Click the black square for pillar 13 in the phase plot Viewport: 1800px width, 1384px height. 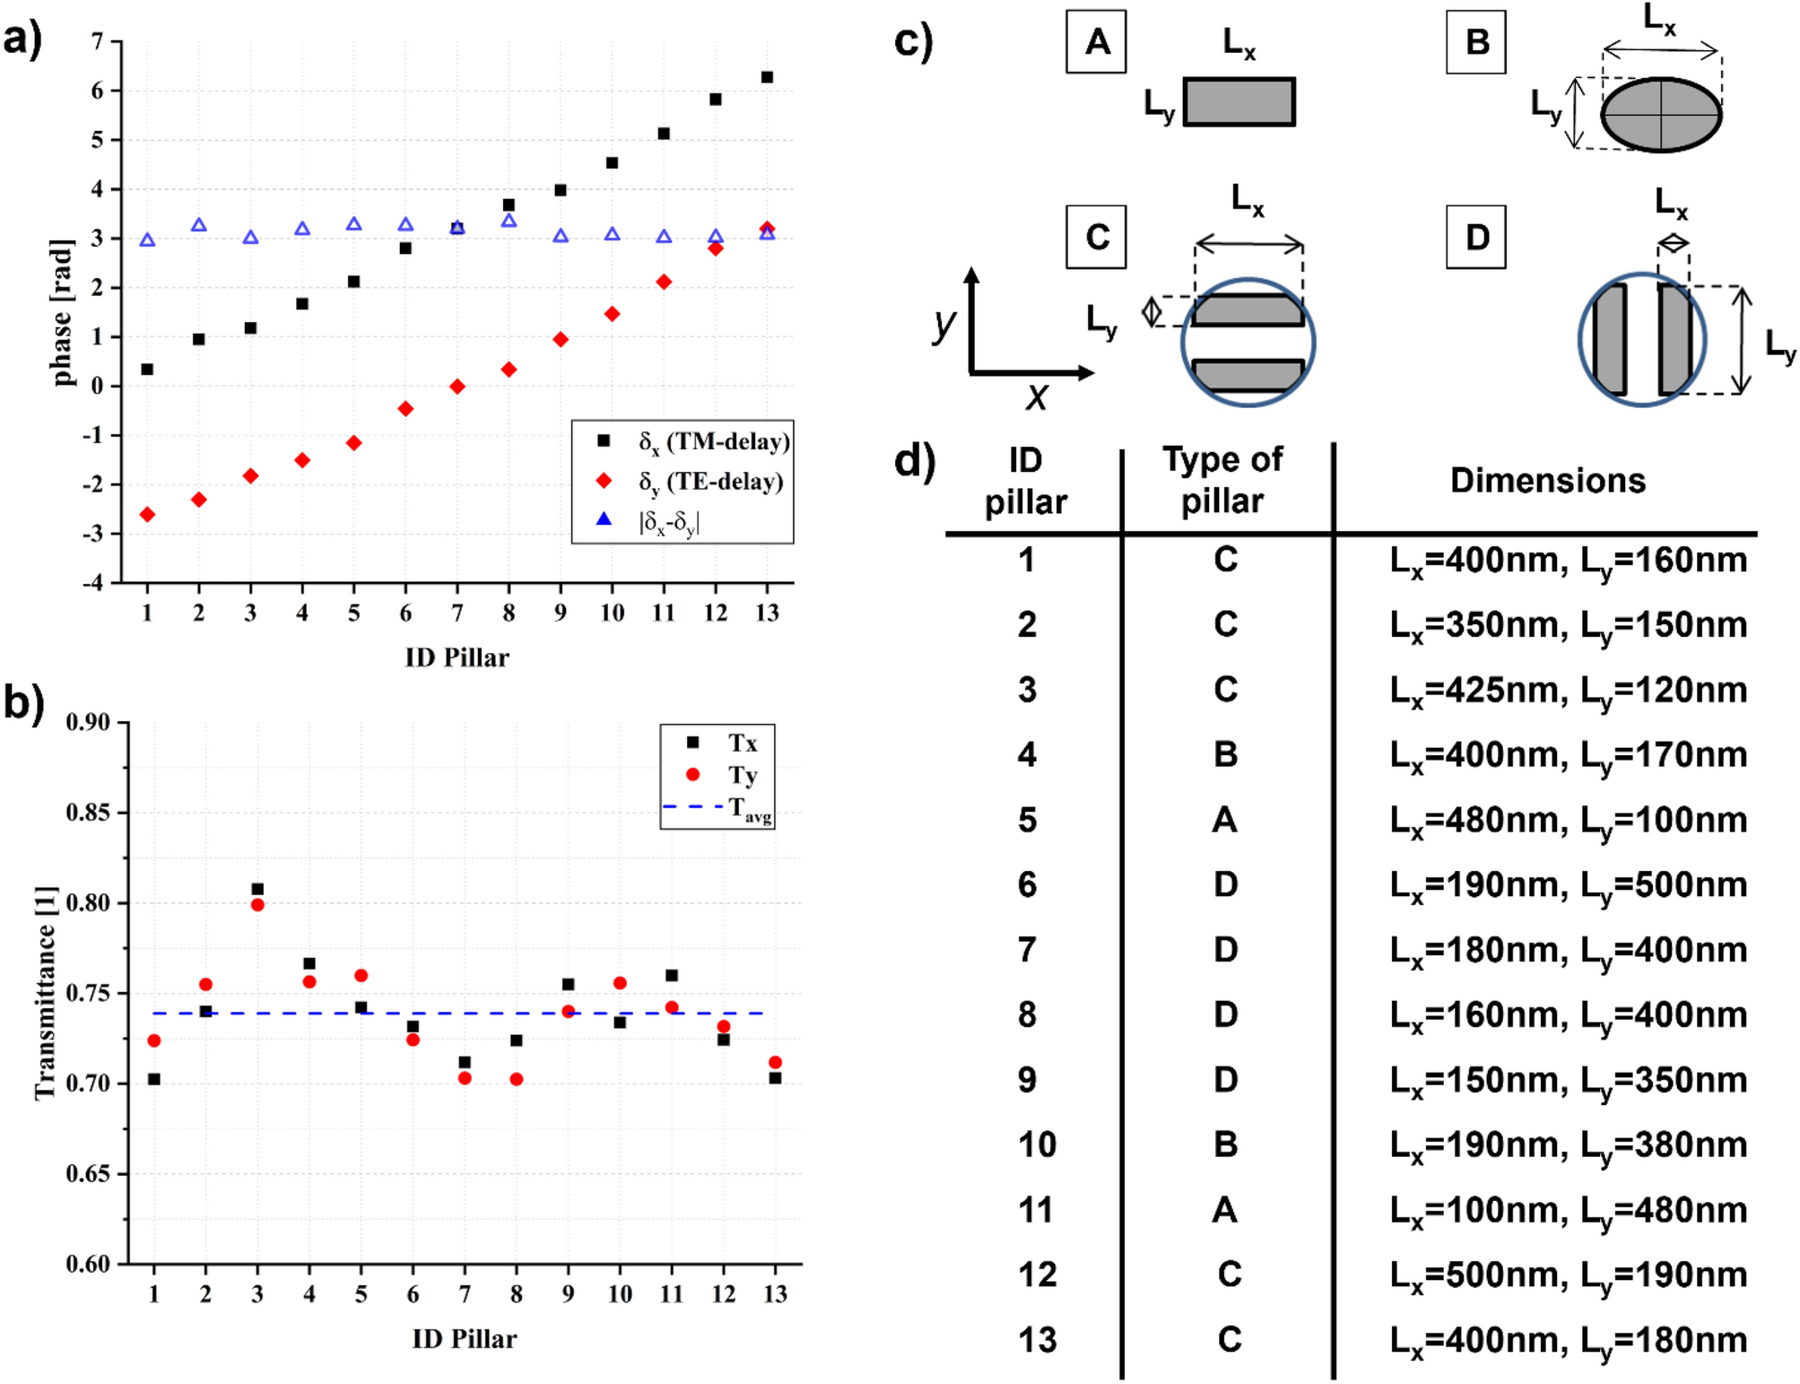pyautogui.click(x=767, y=77)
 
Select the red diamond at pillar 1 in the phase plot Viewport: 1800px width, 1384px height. pyautogui.click(x=147, y=514)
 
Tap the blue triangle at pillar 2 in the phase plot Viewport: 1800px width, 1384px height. pyautogui.click(x=199, y=225)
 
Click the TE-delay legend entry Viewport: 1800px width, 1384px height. pyautogui.click(x=709, y=482)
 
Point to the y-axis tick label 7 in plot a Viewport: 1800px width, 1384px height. pyautogui.click(x=98, y=41)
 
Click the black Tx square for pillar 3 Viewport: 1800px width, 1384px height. pyautogui.click(x=257, y=889)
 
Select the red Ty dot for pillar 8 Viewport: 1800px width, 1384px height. pyautogui.click(x=516, y=1079)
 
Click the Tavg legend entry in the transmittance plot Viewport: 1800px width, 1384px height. pyautogui.click(x=748, y=808)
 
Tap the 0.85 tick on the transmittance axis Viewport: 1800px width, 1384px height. pyautogui.click(x=88, y=813)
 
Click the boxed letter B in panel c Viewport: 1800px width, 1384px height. pyautogui.click(x=1475, y=42)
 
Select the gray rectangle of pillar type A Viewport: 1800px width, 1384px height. pyautogui.click(x=1239, y=101)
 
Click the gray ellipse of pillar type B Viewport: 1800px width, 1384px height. pyautogui.click(x=1660, y=114)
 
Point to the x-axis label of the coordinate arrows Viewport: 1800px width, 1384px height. pyautogui.click(x=1037, y=396)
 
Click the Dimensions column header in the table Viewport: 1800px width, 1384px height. pyautogui.click(x=1547, y=481)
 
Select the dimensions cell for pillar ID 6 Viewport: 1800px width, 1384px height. pyautogui.click(x=1568, y=885)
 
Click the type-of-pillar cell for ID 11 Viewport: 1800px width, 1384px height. pyautogui.click(x=1225, y=1210)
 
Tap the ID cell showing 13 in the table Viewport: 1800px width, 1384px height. pyautogui.click(x=1037, y=1340)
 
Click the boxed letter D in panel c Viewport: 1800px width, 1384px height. pyautogui.click(x=1475, y=238)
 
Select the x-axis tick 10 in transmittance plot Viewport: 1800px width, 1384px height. pyautogui.click(x=620, y=1293)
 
